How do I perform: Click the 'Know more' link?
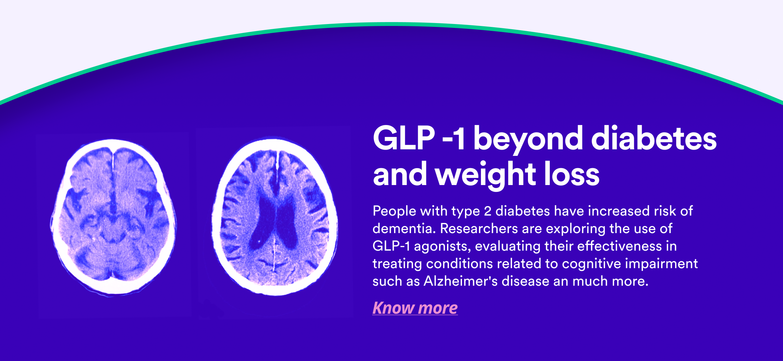tap(415, 308)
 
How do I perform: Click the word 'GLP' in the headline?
tap(404, 138)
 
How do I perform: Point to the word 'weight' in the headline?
tap(486, 175)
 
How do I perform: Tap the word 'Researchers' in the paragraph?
tap(479, 229)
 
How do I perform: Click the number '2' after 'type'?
tap(488, 211)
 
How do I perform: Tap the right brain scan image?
tap(275, 217)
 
